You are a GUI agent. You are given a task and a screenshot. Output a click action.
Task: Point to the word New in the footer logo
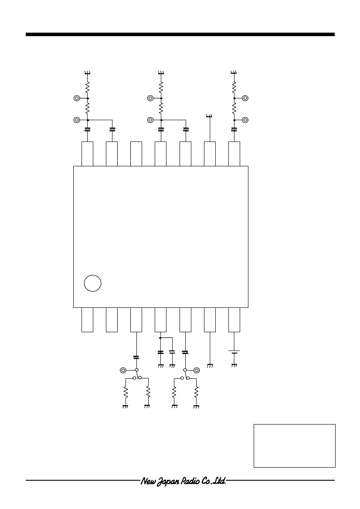(146, 481)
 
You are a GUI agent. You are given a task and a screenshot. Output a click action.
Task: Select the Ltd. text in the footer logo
(220, 481)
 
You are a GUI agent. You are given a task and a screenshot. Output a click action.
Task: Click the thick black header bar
(180, 34)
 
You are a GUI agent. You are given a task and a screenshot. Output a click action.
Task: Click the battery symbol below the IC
(234, 352)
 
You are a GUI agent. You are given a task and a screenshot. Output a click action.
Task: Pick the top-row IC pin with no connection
(136, 154)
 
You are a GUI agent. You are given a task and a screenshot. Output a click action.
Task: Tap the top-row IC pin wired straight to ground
(210, 154)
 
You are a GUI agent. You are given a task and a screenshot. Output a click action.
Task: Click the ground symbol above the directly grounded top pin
(210, 116)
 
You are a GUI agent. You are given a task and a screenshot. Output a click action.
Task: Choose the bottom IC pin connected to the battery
(234, 320)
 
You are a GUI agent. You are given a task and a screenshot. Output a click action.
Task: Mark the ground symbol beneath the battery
(234, 366)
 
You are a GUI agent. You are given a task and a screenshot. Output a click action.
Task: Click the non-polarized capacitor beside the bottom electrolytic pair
(172, 352)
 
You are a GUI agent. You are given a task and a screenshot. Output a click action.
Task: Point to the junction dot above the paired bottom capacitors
(160, 338)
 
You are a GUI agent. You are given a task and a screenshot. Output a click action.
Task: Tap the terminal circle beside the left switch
(123, 370)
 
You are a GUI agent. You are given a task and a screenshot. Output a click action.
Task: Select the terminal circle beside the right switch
(196, 370)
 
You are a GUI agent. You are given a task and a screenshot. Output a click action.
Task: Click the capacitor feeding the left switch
(136, 358)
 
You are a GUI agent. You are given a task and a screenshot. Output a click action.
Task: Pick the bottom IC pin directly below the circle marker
(87, 320)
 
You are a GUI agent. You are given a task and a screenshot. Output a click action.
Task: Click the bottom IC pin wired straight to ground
(210, 320)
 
